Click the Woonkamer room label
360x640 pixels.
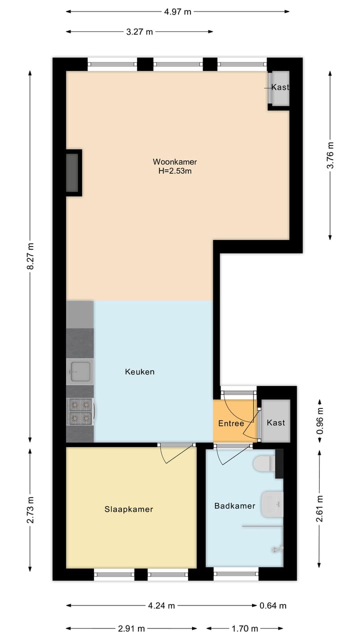pos(174,162)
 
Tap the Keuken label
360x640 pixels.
pos(139,371)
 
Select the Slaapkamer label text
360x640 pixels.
pos(128,509)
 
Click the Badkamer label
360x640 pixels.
pos(234,506)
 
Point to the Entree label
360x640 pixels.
pos(231,423)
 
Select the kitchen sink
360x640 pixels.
pos(79,371)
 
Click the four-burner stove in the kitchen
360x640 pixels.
pos(80,410)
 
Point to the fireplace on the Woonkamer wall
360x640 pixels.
pos(73,172)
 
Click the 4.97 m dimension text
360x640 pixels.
pos(177,12)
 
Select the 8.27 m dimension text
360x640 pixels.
pos(30,256)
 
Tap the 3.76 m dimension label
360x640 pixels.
pos(330,156)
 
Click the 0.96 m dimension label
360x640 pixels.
pos(320,420)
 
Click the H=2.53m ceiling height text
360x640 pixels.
pos(174,171)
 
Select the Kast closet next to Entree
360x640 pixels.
pos(275,422)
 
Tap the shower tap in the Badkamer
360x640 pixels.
pos(277,549)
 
